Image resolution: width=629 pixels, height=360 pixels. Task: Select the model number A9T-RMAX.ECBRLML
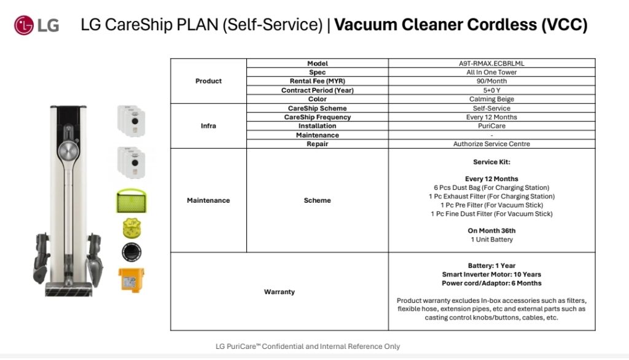click(x=491, y=63)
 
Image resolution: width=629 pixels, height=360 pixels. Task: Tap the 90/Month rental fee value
click(x=491, y=81)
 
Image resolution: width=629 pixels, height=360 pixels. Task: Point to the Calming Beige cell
click(x=491, y=99)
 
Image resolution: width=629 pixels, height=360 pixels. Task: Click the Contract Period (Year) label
click(x=317, y=90)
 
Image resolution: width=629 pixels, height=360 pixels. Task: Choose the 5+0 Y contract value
click(x=491, y=90)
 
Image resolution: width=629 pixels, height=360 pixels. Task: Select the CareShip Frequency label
click(x=317, y=117)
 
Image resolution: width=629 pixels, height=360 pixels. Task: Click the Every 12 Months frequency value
click(x=491, y=117)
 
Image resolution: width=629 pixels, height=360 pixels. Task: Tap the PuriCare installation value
click(x=491, y=126)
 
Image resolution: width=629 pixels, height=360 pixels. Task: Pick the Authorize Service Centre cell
click(x=491, y=144)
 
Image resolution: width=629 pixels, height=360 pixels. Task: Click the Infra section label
click(x=208, y=126)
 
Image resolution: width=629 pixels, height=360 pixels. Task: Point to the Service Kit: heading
click(x=491, y=162)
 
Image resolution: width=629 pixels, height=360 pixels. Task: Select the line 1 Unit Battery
click(x=491, y=240)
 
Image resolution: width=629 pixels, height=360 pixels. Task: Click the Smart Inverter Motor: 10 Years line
click(x=491, y=275)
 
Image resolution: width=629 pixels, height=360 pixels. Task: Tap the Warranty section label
click(x=279, y=292)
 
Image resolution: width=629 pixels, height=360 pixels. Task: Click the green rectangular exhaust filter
click(x=132, y=202)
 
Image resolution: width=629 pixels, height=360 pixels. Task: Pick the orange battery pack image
click(x=131, y=280)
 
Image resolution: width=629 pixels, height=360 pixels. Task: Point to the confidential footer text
click(x=308, y=346)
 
